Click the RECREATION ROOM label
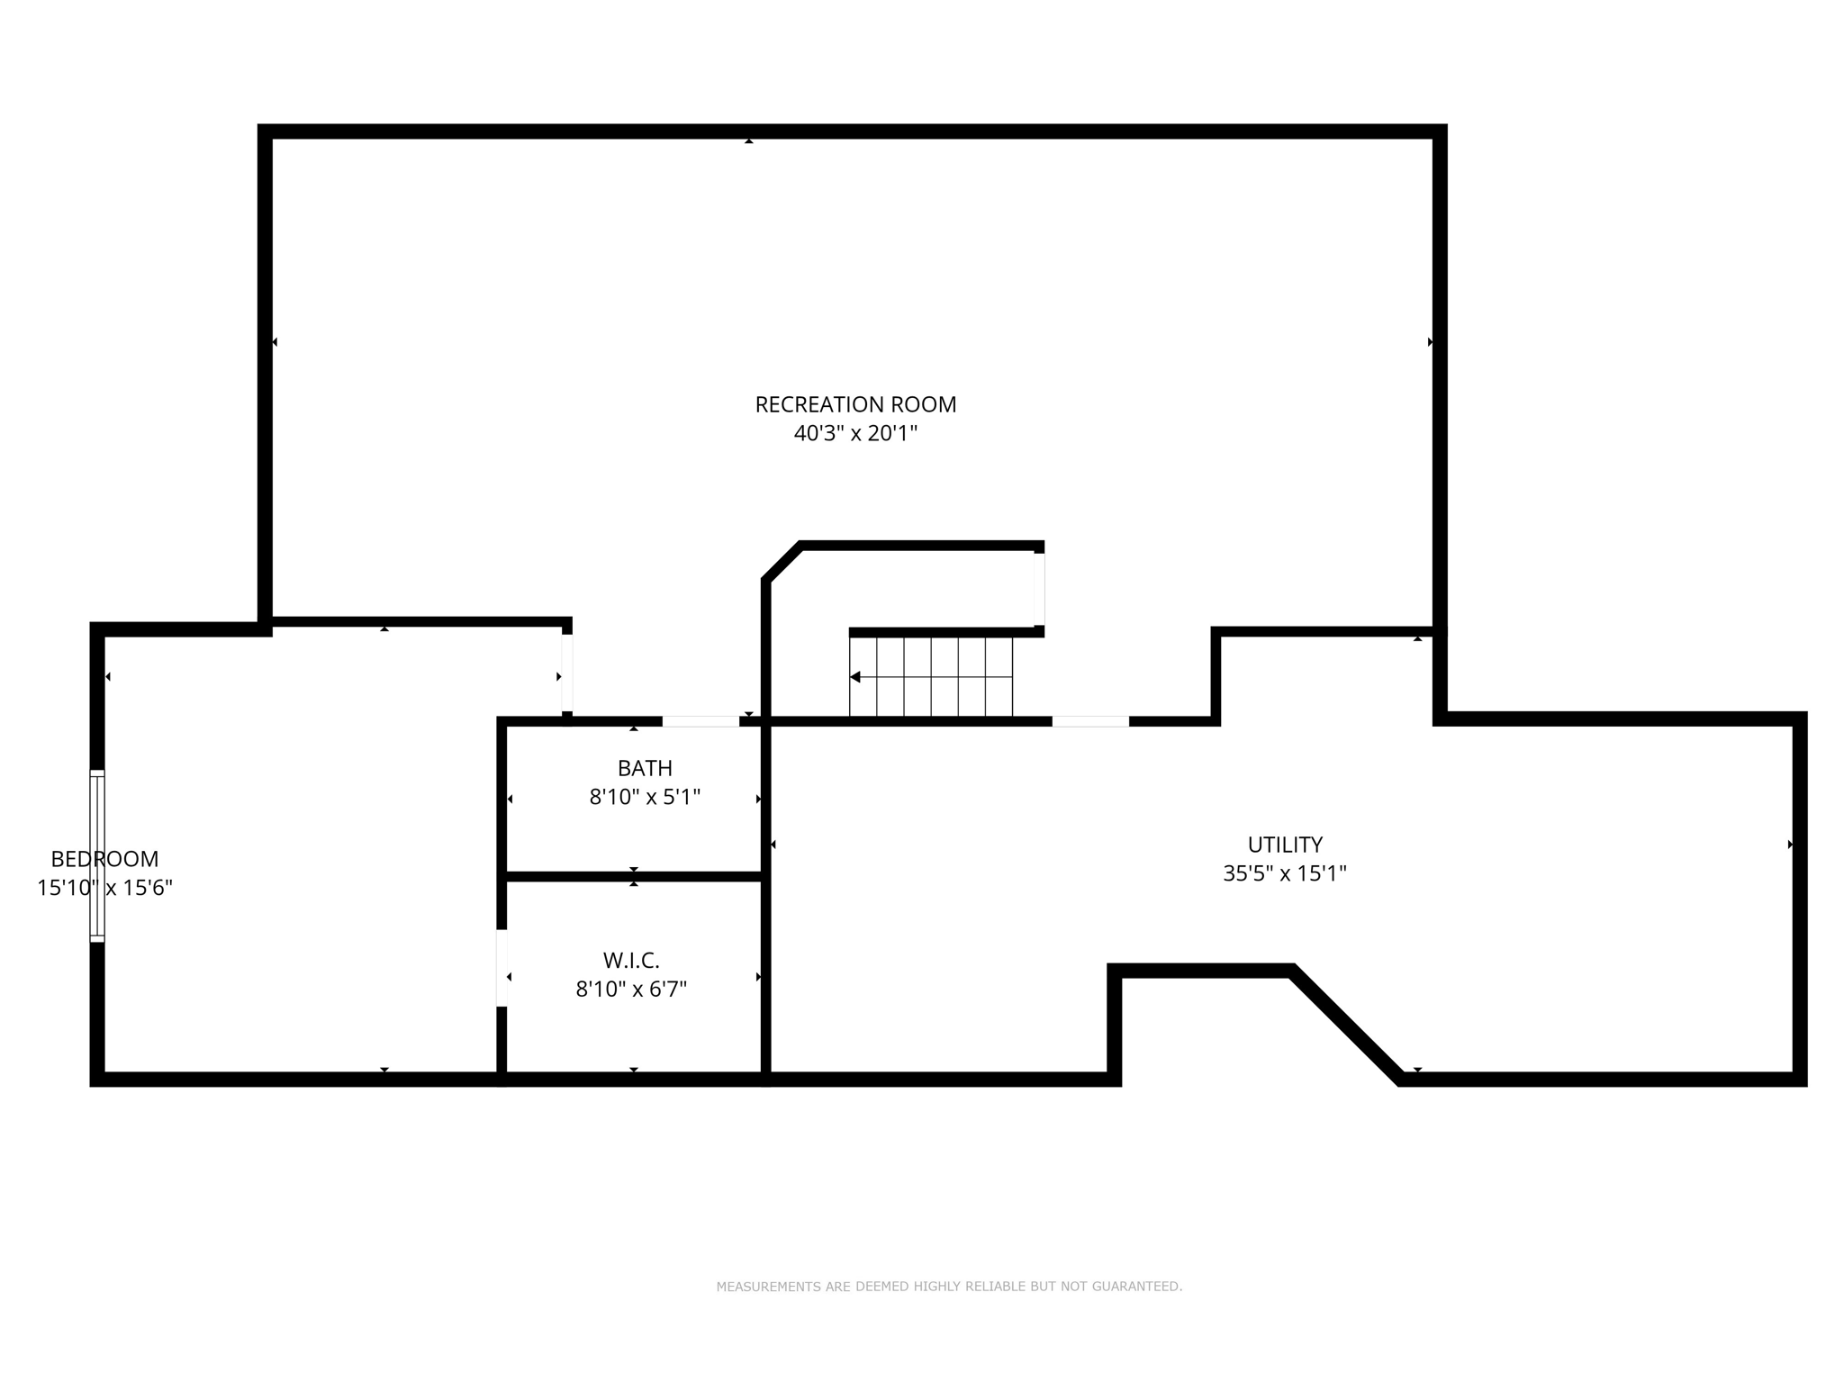(x=855, y=405)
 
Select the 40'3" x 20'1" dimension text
(x=855, y=434)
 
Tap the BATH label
(x=645, y=768)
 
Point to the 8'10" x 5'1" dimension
(x=645, y=798)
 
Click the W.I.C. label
(x=631, y=960)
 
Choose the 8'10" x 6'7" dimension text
(x=631, y=990)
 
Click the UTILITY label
(x=1285, y=845)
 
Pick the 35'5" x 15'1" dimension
(x=1285, y=873)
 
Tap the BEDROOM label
(x=104, y=859)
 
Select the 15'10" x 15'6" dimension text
(x=104, y=888)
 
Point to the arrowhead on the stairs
(x=855, y=677)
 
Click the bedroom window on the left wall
(x=97, y=856)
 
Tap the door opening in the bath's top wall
(x=701, y=721)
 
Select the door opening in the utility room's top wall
(x=1090, y=721)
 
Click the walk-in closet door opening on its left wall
(x=502, y=968)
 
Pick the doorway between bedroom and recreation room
(x=567, y=673)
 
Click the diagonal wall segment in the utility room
(x=1346, y=1025)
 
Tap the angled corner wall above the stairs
(x=782, y=562)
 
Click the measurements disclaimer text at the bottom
(x=949, y=1287)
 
